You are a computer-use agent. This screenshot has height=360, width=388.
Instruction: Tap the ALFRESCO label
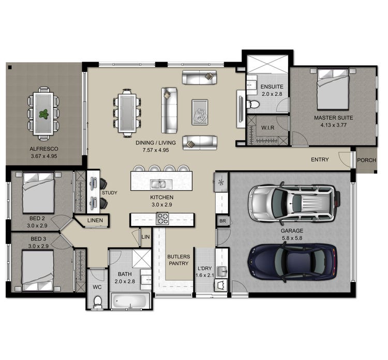point(43,149)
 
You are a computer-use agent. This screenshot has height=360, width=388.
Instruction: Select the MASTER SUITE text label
point(334,118)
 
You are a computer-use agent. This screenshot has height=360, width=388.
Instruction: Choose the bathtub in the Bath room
point(130,301)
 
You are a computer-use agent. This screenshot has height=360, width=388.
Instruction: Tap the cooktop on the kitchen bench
point(163,220)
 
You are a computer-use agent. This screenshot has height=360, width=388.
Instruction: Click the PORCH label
point(366,160)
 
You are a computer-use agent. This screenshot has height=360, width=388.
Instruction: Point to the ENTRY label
point(320,160)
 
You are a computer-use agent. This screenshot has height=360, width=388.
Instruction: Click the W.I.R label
point(267,127)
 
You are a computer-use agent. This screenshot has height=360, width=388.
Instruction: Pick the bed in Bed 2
point(39,192)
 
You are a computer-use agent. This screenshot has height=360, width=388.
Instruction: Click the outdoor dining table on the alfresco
point(43,113)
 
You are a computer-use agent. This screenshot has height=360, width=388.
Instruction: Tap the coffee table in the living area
point(200,111)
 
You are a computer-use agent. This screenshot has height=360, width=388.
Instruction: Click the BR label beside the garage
point(222,221)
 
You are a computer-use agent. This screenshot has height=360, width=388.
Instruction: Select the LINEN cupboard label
point(95,221)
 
